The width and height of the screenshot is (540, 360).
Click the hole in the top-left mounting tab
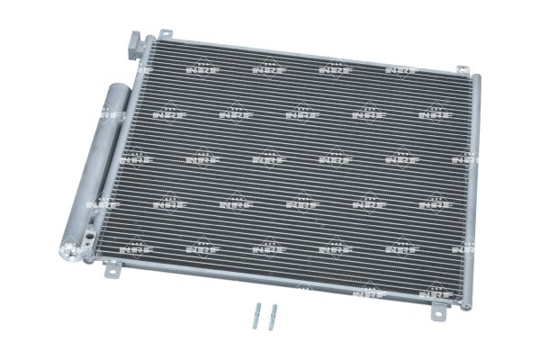coord(166,33)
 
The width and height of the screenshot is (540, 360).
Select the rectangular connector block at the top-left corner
coord(137,46)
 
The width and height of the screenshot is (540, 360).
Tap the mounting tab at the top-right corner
coord(463,70)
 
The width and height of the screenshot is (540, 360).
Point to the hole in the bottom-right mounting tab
coord(438,313)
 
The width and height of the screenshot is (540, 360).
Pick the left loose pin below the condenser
coord(256,316)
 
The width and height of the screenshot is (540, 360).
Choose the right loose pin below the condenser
coord(273,317)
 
